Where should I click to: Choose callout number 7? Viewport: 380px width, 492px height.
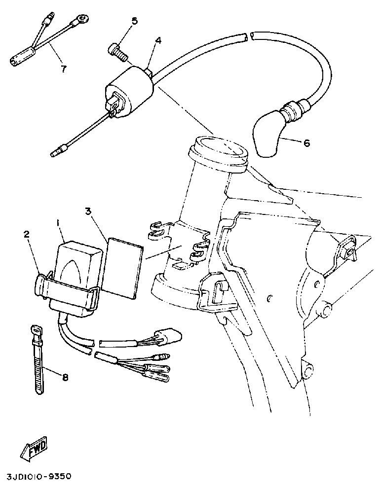[63, 69]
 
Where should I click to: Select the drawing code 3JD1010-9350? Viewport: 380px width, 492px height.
[39, 477]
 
